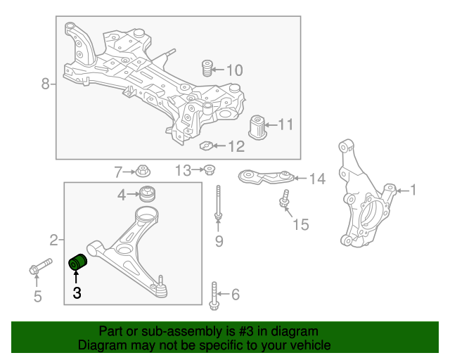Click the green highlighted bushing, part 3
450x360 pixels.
(x=78, y=262)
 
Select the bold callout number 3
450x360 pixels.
(x=77, y=292)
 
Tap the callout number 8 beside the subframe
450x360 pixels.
(x=46, y=84)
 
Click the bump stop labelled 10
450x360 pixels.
(x=207, y=68)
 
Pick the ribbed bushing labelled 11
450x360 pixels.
(x=257, y=127)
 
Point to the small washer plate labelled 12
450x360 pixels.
(x=206, y=146)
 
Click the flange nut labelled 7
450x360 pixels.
(x=143, y=171)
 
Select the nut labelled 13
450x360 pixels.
(x=210, y=169)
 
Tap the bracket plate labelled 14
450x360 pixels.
(x=266, y=177)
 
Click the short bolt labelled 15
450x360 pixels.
(x=284, y=198)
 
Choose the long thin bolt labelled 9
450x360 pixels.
(x=218, y=203)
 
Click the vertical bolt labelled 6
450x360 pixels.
(x=214, y=296)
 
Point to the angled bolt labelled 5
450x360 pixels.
(x=41, y=266)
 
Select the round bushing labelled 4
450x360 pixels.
(x=148, y=194)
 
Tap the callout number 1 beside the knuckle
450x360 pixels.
(x=413, y=190)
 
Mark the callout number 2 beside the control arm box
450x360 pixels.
(x=53, y=240)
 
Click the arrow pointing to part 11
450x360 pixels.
(x=271, y=125)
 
